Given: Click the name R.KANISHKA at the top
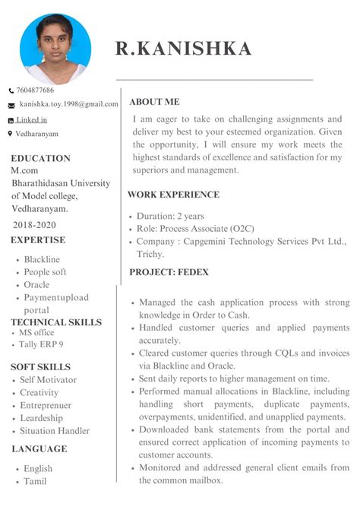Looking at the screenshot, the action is (x=183, y=49).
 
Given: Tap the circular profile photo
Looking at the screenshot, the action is (x=55, y=48).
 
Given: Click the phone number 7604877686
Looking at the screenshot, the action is (x=36, y=90).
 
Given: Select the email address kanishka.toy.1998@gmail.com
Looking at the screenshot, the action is (x=69, y=104).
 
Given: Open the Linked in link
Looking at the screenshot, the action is (x=33, y=120).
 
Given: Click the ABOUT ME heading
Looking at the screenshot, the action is (x=154, y=102).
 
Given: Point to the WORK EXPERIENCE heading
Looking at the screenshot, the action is (x=173, y=195).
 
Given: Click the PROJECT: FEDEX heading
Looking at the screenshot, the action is (x=169, y=272).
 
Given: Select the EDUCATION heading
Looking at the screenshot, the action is (x=40, y=159).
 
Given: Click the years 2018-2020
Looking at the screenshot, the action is (x=34, y=225).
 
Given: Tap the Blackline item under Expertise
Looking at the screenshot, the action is (x=42, y=260).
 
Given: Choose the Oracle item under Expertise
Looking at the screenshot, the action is (x=36, y=285).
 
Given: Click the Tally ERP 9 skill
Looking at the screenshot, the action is (x=41, y=344).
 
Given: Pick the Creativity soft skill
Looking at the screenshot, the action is (x=39, y=393).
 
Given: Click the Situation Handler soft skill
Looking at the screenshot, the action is (x=55, y=431).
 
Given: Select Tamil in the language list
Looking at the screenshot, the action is (x=35, y=481).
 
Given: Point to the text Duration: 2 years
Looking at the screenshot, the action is (x=171, y=216).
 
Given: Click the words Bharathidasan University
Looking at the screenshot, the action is (x=60, y=183).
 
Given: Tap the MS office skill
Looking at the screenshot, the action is (x=36, y=333).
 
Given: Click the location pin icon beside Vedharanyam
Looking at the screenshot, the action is (x=10, y=134).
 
